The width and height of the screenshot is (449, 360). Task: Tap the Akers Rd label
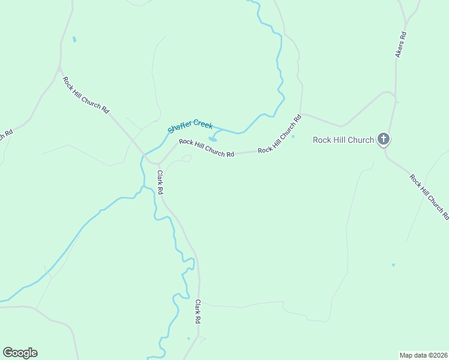[x=401, y=44]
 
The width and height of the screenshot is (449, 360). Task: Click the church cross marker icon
[x=384, y=140]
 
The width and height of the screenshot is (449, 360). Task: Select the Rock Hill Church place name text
[x=343, y=140]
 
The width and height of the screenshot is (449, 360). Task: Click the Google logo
[x=20, y=353]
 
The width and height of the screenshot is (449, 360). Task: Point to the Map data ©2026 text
[x=423, y=355]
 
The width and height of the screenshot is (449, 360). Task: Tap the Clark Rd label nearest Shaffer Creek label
[x=160, y=182]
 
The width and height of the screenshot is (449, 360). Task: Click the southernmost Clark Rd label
[x=197, y=312]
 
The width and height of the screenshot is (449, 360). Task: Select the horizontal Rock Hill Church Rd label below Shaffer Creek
[x=206, y=148]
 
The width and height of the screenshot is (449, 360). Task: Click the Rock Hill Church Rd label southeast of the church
[x=429, y=196]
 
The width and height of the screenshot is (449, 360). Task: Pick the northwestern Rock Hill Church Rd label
[x=86, y=95]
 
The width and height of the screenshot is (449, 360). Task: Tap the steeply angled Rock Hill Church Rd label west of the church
[x=279, y=134]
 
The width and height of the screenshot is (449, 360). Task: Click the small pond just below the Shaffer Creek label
[x=212, y=139]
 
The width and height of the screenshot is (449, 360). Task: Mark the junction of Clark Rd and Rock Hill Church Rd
[x=159, y=163]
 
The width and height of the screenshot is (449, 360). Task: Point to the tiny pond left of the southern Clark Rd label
[x=188, y=339]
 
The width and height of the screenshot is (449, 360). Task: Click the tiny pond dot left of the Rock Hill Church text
[x=294, y=136]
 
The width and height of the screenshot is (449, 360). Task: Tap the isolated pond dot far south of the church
[x=393, y=265]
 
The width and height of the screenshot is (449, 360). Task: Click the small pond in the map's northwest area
[x=74, y=40]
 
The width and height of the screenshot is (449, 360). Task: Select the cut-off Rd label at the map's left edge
[x=6, y=136]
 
